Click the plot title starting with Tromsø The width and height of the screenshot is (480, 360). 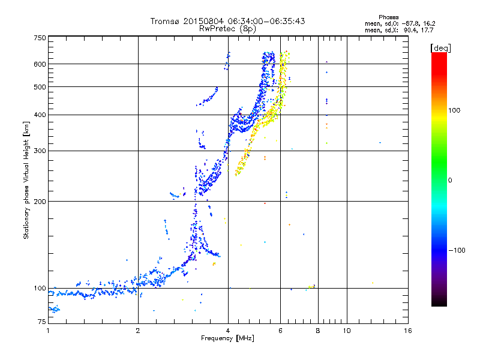pos(228,21)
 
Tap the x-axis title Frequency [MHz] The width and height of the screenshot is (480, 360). pos(228,339)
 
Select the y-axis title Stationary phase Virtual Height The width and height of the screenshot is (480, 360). pos(26,180)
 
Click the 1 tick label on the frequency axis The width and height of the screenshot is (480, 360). pos(48,331)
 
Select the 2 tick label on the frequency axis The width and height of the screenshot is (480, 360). pos(138,331)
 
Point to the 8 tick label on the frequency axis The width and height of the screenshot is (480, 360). pos(318,331)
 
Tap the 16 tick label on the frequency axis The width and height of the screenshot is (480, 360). pos(408,331)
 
